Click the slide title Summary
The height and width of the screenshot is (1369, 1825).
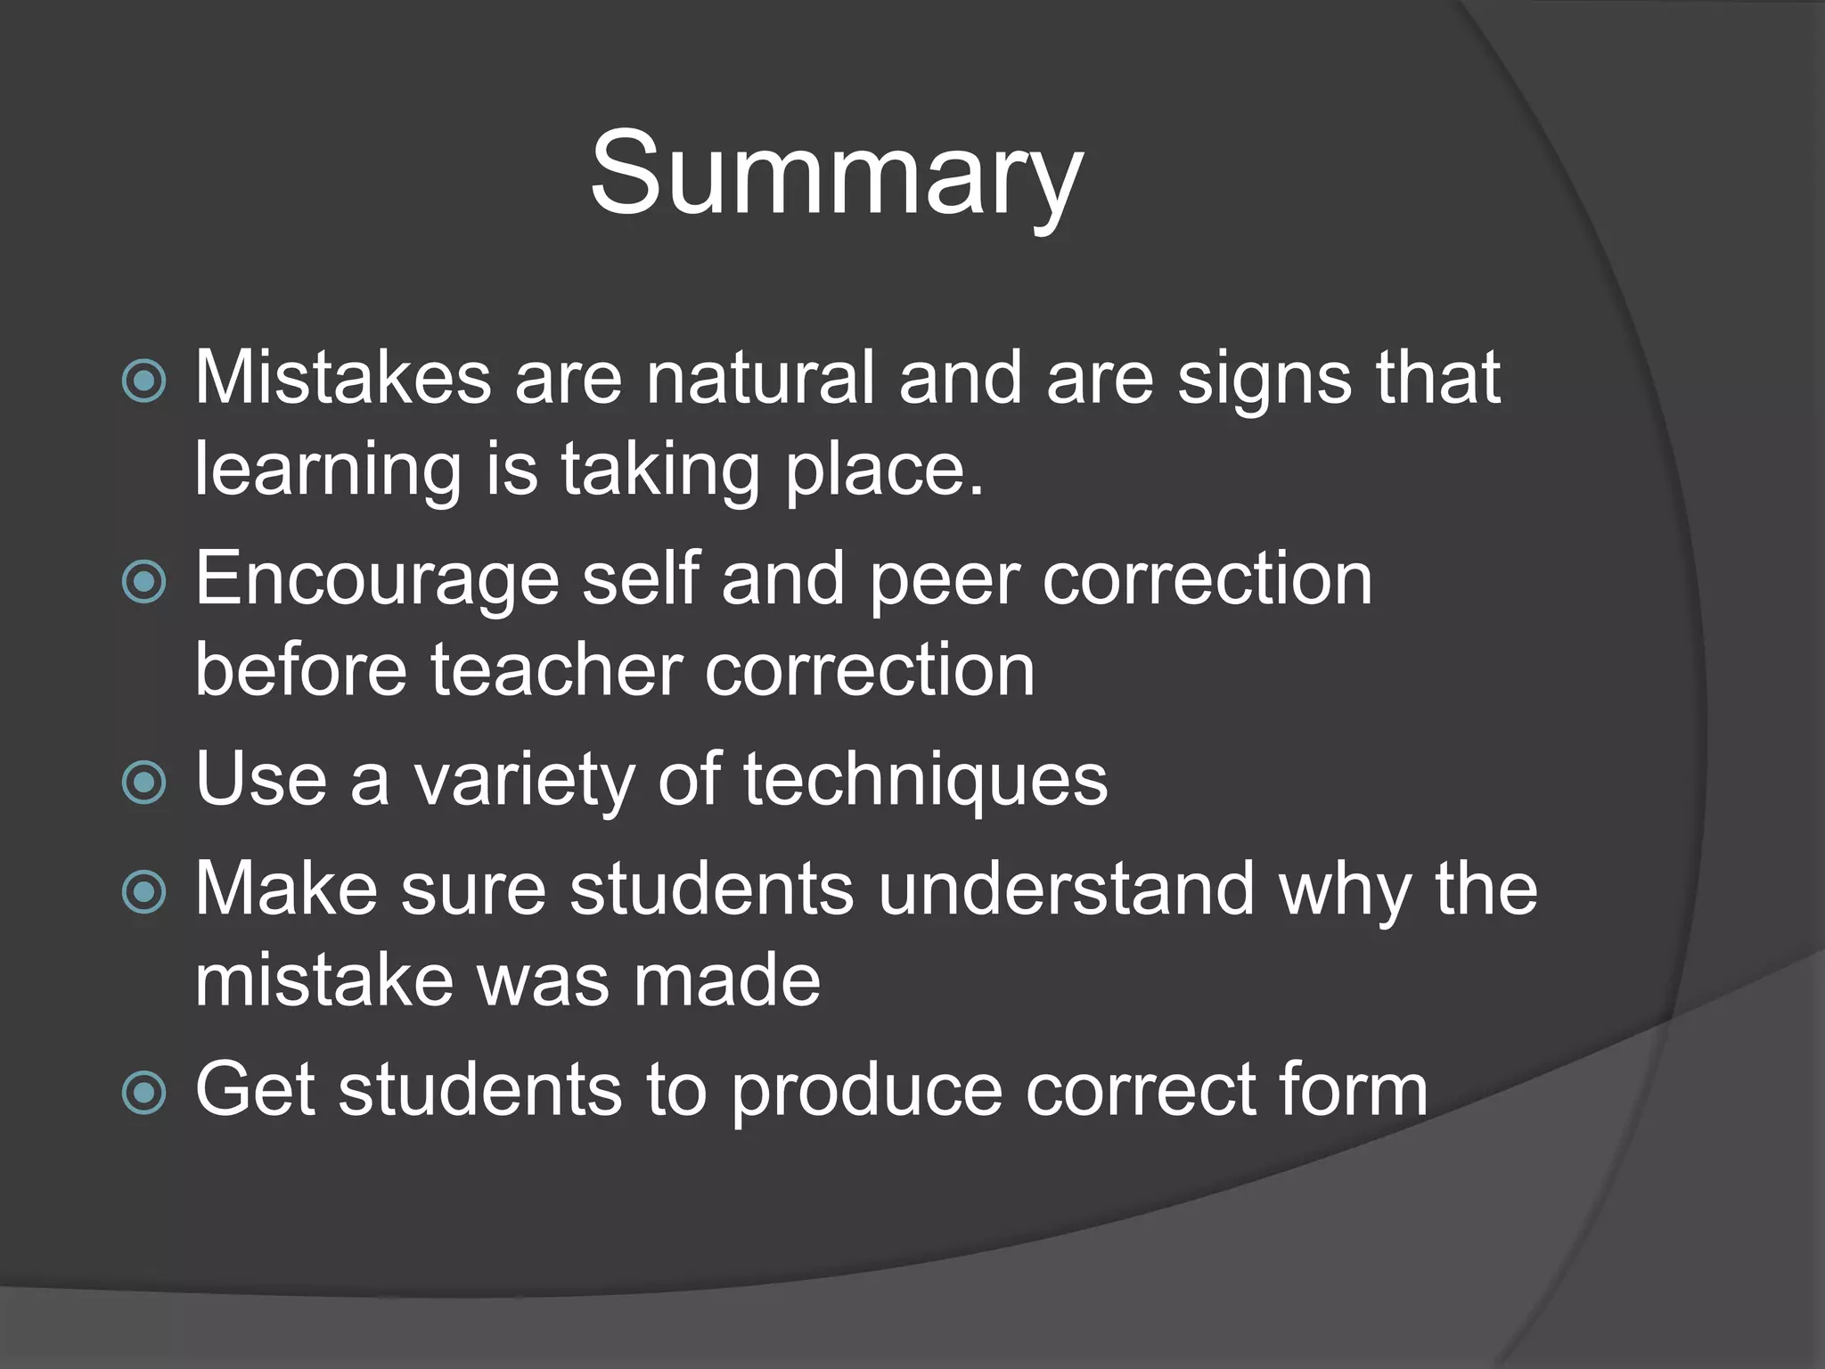(836, 173)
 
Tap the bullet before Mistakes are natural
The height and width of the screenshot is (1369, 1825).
(143, 381)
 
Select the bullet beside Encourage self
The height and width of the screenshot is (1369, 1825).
(143, 583)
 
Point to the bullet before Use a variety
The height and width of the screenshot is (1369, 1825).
(143, 783)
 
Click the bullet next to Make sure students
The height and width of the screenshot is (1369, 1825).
(143, 892)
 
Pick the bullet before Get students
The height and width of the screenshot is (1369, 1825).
(143, 1093)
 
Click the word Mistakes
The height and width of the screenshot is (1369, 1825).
(343, 378)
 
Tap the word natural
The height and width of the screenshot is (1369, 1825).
(760, 378)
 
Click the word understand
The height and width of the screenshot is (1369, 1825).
(1066, 889)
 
